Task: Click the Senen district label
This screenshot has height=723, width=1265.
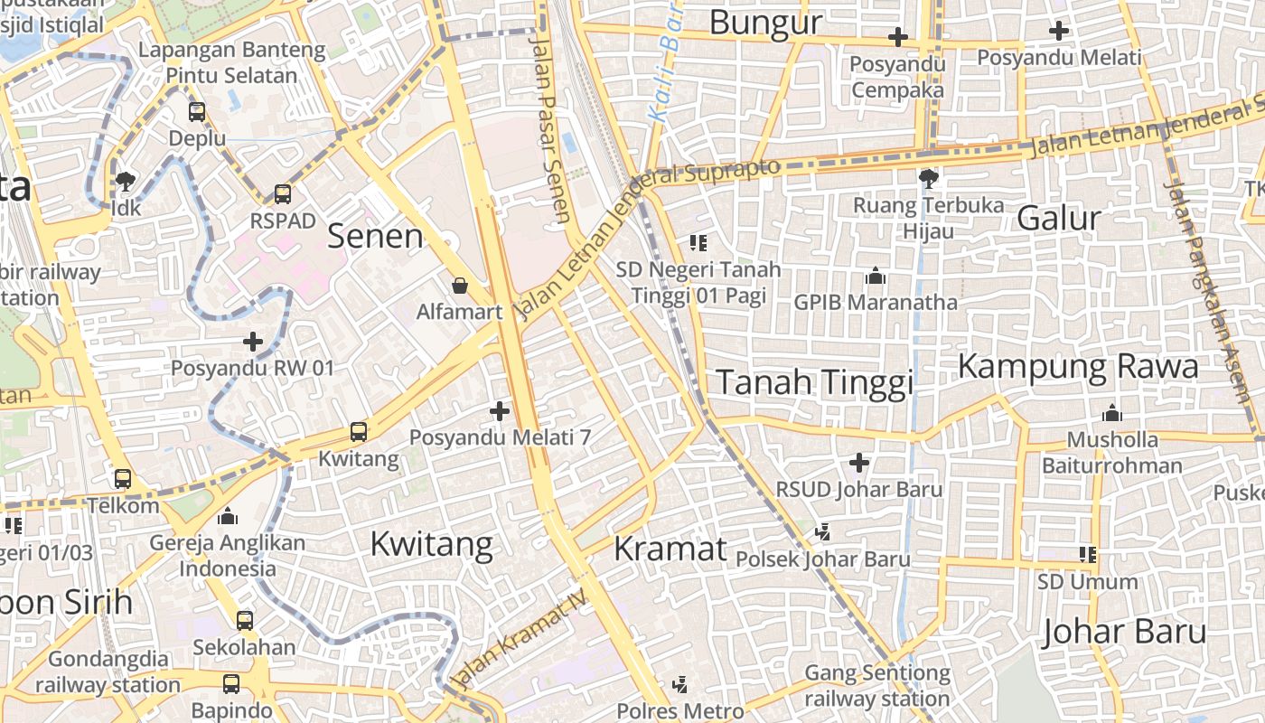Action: (375, 236)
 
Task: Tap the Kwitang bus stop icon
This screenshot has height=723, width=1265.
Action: (359, 432)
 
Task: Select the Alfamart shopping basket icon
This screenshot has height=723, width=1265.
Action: (460, 286)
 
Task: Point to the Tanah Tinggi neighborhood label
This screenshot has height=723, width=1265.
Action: (814, 382)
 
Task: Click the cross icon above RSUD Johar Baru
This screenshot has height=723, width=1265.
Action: (859, 464)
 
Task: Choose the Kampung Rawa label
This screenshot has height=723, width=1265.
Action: (1078, 366)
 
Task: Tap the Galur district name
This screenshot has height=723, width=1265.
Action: (1059, 218)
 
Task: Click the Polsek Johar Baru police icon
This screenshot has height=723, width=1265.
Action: (822, 532)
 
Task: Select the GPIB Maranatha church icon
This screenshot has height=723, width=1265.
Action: (875, 276)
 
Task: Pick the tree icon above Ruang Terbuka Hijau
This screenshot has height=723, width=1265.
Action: (928, 178)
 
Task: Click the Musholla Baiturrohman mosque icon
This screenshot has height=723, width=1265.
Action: (1112, 413)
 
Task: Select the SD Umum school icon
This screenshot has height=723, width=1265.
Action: (1088, 554)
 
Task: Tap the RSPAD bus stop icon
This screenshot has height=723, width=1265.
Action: (283, 194)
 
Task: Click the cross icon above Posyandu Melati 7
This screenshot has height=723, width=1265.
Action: (500, 412)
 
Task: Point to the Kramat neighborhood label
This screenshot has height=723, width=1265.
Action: (670, 549)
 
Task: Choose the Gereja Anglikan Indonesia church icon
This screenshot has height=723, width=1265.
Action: (228, 516)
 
